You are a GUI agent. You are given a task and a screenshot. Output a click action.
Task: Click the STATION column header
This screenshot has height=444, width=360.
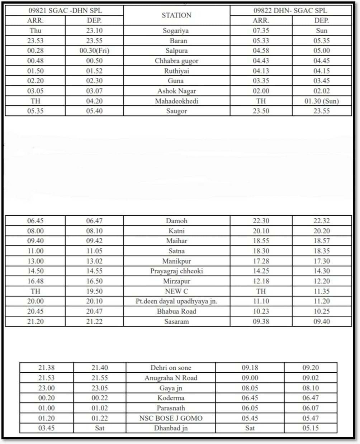[176, 15]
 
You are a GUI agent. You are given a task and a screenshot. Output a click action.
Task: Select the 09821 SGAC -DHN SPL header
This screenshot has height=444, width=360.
[65, 11]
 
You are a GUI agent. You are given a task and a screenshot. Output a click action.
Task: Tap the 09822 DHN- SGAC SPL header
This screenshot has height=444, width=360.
[290, 11]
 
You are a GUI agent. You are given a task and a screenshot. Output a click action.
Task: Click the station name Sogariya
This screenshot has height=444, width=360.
[176, 31]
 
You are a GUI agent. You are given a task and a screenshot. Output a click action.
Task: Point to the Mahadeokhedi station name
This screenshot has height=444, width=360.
[176, 101]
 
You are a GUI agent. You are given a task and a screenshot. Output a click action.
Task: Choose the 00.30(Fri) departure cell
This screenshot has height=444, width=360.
[94, 51]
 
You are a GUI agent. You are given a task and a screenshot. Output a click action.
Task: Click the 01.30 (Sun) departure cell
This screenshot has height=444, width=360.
[322, 101]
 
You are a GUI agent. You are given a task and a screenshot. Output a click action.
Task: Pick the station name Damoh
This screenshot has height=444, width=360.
[176, 221]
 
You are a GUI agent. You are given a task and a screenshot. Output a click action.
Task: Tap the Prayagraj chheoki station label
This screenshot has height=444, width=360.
[176, 271]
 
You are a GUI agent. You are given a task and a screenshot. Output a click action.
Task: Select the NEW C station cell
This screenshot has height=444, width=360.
[176, 291]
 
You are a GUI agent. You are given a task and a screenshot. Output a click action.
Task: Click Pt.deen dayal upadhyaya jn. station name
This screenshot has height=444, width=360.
[176, 301]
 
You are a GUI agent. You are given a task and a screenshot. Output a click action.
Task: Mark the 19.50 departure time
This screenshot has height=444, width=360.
[94, 291]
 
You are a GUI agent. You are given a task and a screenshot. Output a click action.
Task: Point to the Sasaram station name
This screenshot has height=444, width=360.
[176, 321]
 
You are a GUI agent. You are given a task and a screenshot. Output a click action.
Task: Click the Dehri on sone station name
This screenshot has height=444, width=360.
[171, 368]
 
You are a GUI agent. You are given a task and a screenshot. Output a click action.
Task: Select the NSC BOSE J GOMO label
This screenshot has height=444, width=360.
[171, 418]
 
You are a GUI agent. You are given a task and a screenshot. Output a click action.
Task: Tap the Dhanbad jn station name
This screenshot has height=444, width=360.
[171, 428]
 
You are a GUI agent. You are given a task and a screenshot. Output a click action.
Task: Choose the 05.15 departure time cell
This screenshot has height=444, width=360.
[311, 428]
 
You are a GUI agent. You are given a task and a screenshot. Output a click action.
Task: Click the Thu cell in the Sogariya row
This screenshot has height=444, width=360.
[35, 31]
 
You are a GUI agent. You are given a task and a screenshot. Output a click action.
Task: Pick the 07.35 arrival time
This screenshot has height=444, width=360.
[261, 31]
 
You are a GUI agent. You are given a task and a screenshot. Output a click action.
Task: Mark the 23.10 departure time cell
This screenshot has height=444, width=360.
[94, 31]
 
